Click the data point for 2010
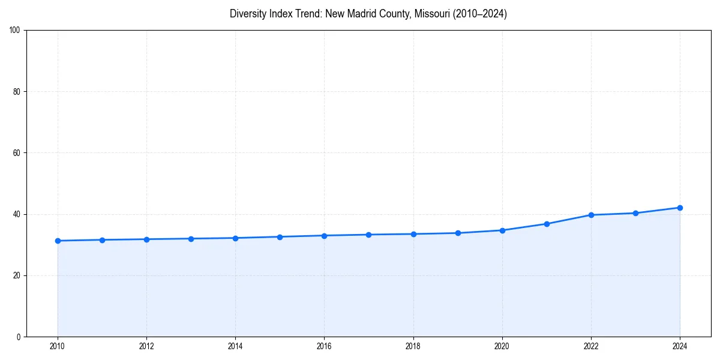(58, 241)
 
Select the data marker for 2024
(680, 208)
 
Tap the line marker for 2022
(591, 215)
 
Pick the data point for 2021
(547, 224)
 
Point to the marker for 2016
(324, 235)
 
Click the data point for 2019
(458, 233)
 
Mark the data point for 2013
(191, 239)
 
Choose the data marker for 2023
(635, 213)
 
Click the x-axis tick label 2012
(146, 346)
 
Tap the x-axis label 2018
(413, 346)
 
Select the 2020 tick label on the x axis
(502, 346)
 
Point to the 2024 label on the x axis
(680, 346)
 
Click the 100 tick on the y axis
(16, 31)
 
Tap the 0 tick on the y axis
(19, 337)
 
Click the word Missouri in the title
(430, 14)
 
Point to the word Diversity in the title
(248, 14)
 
